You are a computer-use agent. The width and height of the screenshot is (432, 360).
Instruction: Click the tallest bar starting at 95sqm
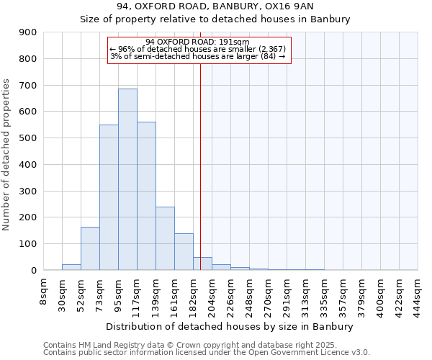coord(127,179)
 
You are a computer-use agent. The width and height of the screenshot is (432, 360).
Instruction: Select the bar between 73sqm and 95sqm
coord(109,197)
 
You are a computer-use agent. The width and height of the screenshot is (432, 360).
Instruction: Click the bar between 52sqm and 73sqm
coord(90,248)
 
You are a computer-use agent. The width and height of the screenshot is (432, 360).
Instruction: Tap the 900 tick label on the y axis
coord(28,32)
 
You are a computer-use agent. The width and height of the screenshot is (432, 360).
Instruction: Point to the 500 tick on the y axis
coord(28,138)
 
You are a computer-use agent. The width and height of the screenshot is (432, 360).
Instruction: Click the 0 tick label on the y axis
coord(33,270)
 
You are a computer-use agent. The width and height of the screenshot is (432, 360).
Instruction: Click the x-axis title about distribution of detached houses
coord(230,326)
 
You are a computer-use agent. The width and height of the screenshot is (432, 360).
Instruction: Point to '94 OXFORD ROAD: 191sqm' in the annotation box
coord(197,42)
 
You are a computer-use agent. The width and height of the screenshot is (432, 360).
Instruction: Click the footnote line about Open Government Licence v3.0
coord(207,353)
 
